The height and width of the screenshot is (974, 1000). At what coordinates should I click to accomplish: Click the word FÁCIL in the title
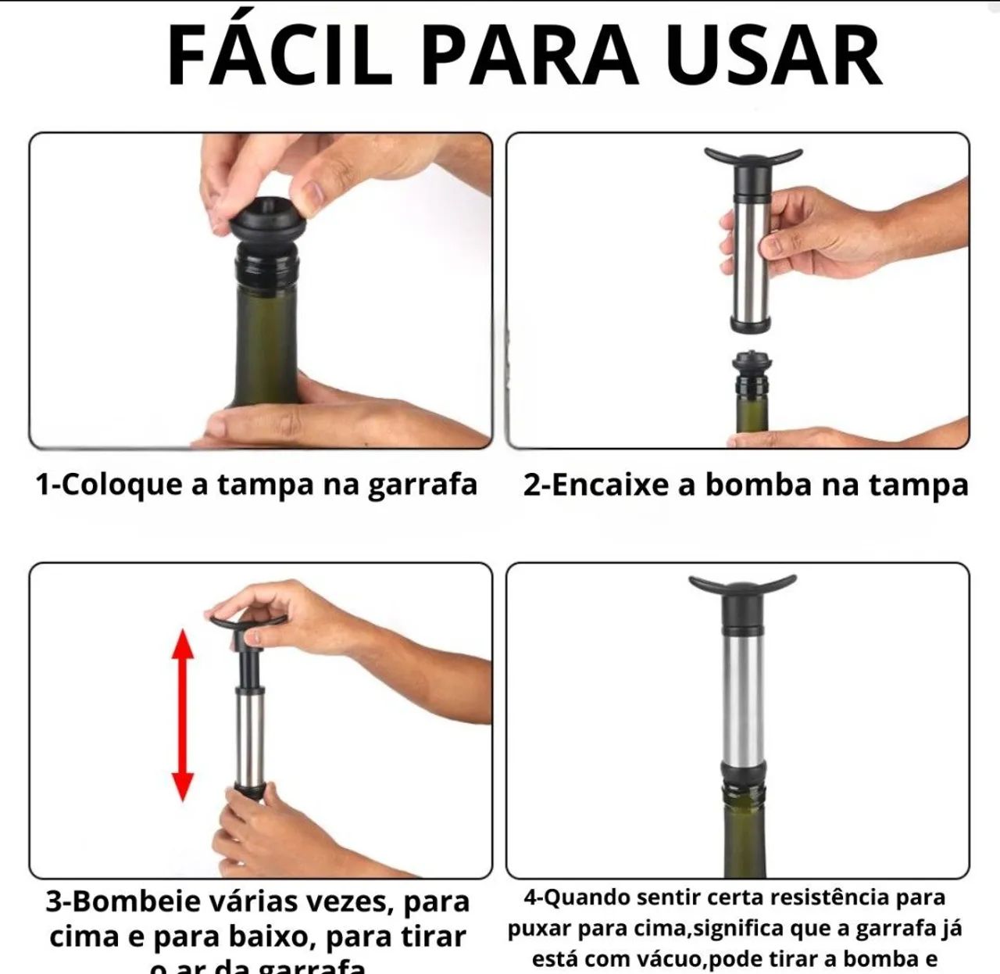pyautogui.click(x=279, y=56)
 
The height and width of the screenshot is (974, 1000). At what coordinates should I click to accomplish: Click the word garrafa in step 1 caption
pyautogui.click(x=422, y=485)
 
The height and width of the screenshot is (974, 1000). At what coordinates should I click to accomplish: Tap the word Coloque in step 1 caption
pyautogui.click(x=122, y=485)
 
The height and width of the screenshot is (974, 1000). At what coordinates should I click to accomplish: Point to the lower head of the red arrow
pyautogui.click(x=183, y=785)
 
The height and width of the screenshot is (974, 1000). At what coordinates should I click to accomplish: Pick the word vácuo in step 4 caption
pyautogui.click(x=667, y=958)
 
